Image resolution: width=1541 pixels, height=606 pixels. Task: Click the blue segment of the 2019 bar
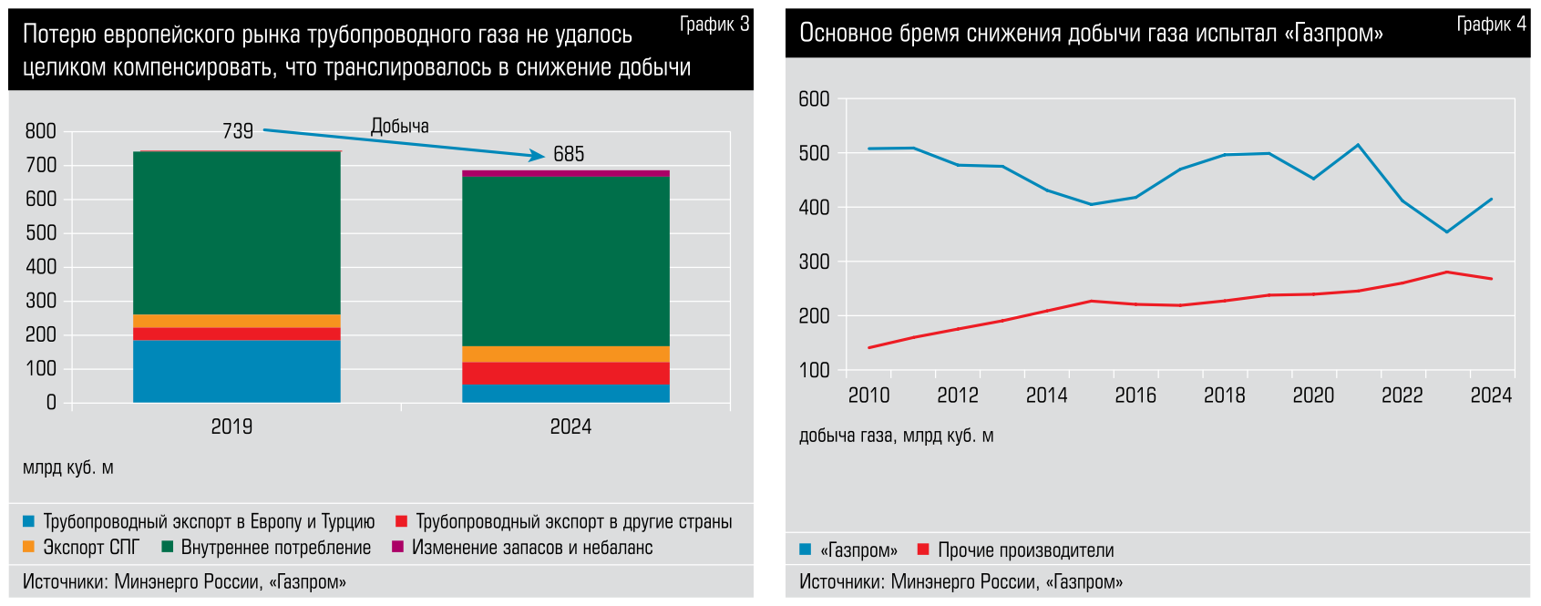236,371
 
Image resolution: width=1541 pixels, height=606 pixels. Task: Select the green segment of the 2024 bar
565,261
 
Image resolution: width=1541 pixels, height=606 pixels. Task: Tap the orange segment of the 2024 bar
565,354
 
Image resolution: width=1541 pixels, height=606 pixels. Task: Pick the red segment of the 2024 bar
565,373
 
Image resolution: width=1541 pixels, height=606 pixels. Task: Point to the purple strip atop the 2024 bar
565,173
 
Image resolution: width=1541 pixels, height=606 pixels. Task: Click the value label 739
238,131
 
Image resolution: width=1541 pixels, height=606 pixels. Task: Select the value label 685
569,154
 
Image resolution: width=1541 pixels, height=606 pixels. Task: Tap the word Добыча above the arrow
399,127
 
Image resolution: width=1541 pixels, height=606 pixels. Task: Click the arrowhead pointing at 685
538,156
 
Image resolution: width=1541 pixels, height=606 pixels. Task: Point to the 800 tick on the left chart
41,131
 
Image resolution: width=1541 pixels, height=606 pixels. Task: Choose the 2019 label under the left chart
231,426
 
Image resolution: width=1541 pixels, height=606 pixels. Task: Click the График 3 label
714,25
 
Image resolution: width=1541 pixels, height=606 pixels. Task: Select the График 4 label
1491,25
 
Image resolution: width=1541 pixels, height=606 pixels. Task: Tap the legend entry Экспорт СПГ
91,548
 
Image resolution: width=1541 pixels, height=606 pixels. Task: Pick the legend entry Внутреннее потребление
275,548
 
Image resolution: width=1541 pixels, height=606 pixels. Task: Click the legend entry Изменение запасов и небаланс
531,548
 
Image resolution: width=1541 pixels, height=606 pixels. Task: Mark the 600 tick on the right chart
814,99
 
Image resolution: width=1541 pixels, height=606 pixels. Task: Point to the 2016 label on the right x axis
1135,395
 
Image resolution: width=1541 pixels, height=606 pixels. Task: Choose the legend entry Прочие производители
1025,550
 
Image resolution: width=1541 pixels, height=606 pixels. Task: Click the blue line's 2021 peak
1358,145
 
